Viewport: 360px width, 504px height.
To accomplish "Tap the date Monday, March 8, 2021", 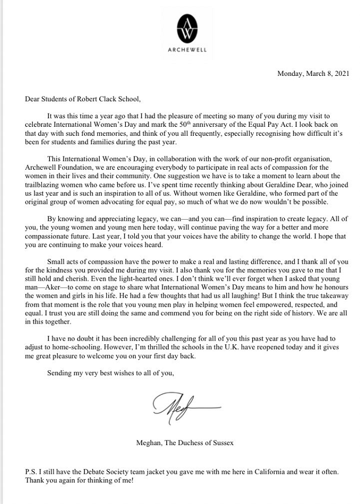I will point(313,74).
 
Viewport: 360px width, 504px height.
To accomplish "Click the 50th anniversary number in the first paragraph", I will point(195,124).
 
